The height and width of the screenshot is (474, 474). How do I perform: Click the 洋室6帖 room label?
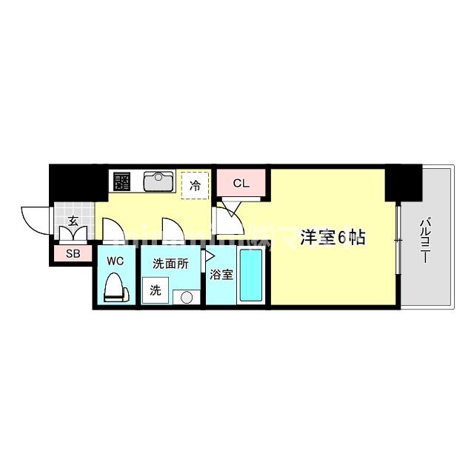pyautogui.click(x=333, y=238)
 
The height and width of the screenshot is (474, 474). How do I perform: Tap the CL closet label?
pyautogui.click(x=241, y=183)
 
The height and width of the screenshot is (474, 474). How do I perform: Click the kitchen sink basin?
pyautogui.click(x=158, y=181)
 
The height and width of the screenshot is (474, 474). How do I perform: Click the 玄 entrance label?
pyautogui.click(x=74, y=220)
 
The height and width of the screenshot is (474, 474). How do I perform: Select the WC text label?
pyautogui.click(x=114, y=261)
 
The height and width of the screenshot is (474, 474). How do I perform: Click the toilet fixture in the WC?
pyautogui.click(x=114, y=287)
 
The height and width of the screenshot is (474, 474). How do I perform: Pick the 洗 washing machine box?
pyautogui.click(x=156, y=290)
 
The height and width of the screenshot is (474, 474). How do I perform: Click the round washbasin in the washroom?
pyautogui.click(x=186, y=297)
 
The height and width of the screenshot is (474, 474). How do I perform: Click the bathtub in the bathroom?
pyautogui.click(x=251, y=276)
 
